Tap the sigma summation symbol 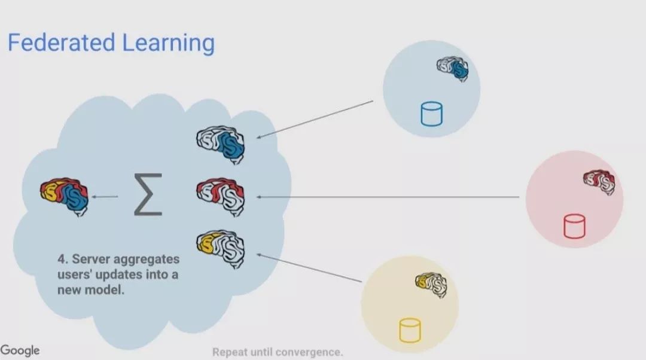coord(148,194)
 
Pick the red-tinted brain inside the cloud coord(221,196)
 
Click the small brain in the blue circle coord(453,69)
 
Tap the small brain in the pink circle coord(599,182)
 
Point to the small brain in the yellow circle coord(431,283)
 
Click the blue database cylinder coord(431,114)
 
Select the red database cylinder coord(574,226)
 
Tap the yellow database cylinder coord(410,330)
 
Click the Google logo coord(20,350)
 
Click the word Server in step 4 coord(89,261)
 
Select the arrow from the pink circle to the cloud coord(389,197)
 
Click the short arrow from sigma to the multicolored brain coord(106,196)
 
